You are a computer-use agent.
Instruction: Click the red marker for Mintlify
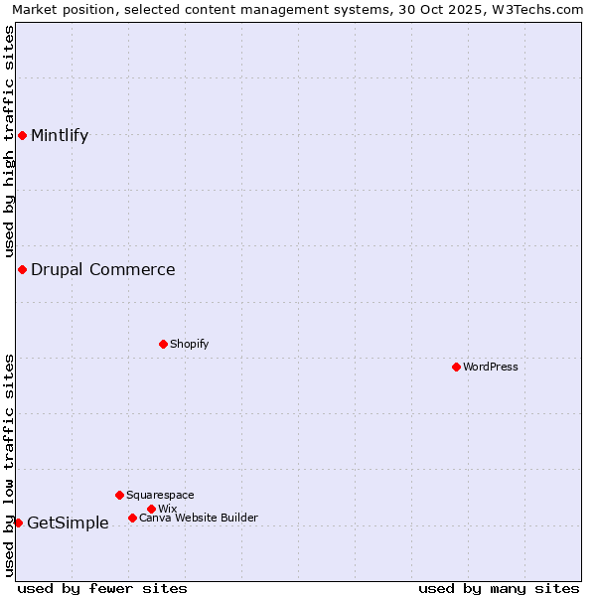click(22, 135)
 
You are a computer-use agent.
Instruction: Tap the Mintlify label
click(60, 136)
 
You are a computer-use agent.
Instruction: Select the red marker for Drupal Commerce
click(22, 269)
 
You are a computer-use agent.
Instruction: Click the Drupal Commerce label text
click(103, 269)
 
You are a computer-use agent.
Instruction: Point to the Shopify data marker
click(163, 344)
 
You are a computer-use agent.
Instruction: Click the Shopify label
click(189, 344)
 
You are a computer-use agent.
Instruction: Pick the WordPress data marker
click(456, 367)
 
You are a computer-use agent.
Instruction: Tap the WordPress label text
click(491, 367)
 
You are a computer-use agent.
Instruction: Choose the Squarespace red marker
click(119, 495)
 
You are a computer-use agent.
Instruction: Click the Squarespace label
click(160, 495)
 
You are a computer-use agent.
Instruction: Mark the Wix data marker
click(151, 509)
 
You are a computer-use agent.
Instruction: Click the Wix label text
click(167, 509)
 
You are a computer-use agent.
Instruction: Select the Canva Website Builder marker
click(132, 518)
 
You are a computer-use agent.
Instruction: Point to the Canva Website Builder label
click(199, 518)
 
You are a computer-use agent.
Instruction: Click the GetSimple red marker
click(18, 522)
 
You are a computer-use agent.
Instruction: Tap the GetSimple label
click(68, 523)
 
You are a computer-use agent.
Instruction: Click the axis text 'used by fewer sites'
click(102, 588)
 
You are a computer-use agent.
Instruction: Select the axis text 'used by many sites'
click(499, 588)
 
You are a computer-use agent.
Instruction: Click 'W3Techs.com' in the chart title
click(543, 9)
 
